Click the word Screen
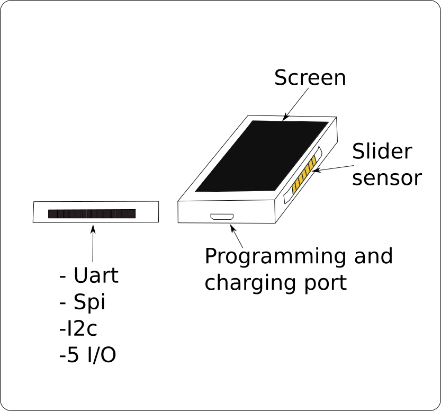tap(310, 78)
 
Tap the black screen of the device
tap(262, 156)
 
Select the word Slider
tap(382, 152)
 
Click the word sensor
tap(386, 178)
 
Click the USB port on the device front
tap(222, 217)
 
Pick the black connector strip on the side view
tap(92, 214)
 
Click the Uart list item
tap(88, 276)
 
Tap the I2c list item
tap(78, 329)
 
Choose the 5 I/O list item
tap(87, 355)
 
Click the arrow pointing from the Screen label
tap(295, 103)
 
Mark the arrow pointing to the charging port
tap(237, 236)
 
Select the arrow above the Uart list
tap(93, 244)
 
